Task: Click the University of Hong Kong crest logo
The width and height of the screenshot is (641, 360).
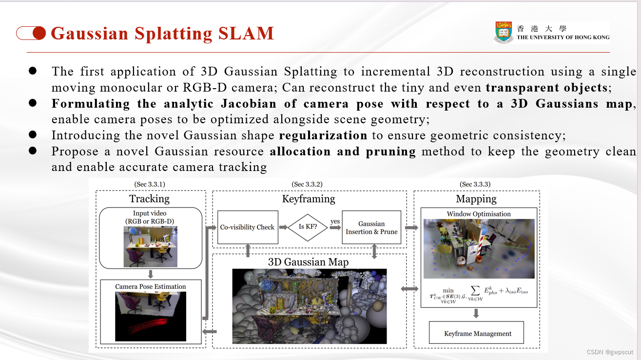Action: coord(505,33)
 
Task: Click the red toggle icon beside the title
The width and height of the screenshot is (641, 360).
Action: coord(31,33)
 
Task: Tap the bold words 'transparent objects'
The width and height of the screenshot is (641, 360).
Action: coord(546,88)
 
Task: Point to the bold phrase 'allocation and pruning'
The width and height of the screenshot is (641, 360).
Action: coord(343,152)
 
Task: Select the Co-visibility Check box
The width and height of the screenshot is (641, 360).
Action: coord(247,227)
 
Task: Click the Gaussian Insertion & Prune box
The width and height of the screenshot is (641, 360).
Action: coord(371,227)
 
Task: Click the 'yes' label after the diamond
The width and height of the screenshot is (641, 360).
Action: coord(335,222)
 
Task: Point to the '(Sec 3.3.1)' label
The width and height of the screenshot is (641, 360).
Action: coord(149,184)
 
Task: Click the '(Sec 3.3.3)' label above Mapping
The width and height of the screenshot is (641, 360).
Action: coord(475,184)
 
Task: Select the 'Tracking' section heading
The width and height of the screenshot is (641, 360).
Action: coord(149,198)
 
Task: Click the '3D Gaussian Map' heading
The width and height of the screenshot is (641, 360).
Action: coord(309,262)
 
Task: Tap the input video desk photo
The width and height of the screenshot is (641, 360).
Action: coord(150,246)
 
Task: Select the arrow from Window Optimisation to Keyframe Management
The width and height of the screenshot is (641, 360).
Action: coord(476,314)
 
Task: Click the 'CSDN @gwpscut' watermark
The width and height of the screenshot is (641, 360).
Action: coord(609,352)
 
